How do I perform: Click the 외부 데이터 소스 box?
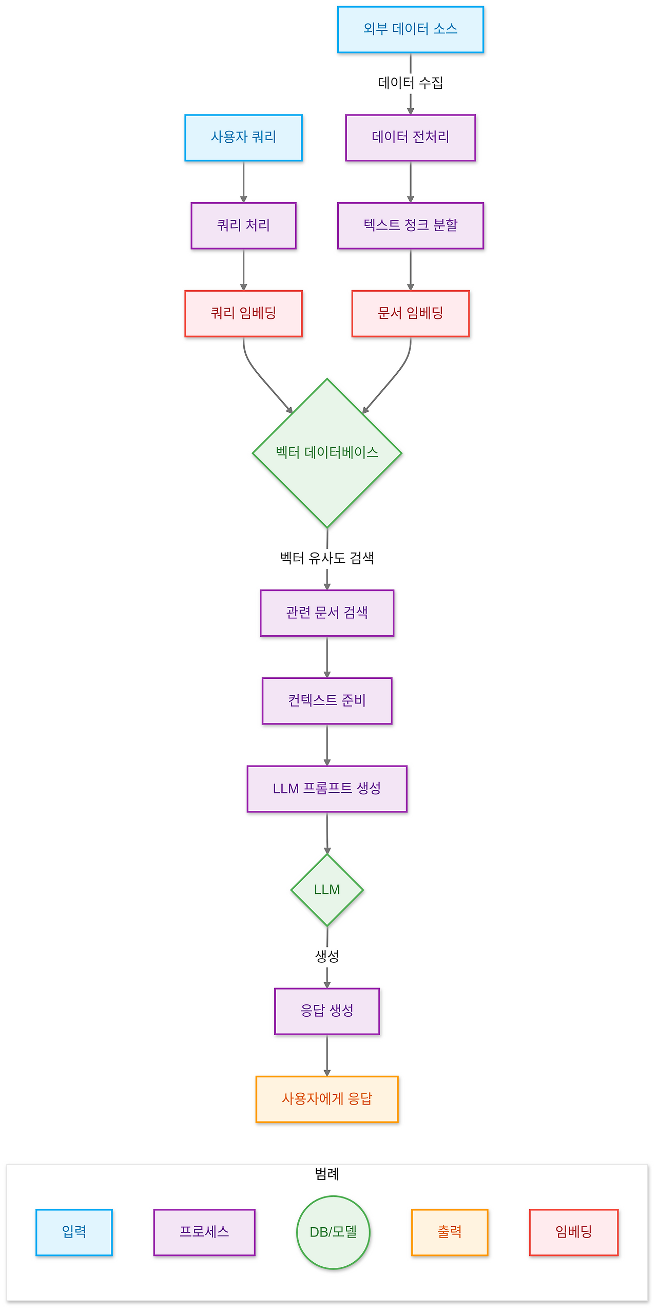(x=410, y=29)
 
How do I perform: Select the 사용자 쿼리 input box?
(x=243, y=138)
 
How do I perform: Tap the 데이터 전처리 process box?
(x=410, y=138)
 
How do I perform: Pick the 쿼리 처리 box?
(x=243, y=225)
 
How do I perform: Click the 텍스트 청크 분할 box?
(x=410, y=225)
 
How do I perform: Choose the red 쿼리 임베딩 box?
(x=243, y=313)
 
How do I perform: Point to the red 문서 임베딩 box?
(x=410, y=313)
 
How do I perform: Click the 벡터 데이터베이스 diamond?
(x=327, y=453)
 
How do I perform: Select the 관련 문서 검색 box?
(x=327, y=613)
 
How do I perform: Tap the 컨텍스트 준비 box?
(x=327, y=700)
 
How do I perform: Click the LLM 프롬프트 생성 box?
(x=327, y=788)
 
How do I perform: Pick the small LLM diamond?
(x=327, y=889)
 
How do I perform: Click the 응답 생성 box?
(x=327, y=1011)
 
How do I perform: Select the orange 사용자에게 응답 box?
(x=327, y=1098)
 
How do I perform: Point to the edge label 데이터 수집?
(x=410, y=83)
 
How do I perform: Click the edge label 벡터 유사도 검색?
(x=327, y=558)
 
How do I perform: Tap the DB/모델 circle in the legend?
(x=333, y=1232)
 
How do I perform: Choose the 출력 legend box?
(x=449, y=1232)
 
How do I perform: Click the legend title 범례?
(x=327, y=1174)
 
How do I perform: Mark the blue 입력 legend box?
(x=74, y=1232)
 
